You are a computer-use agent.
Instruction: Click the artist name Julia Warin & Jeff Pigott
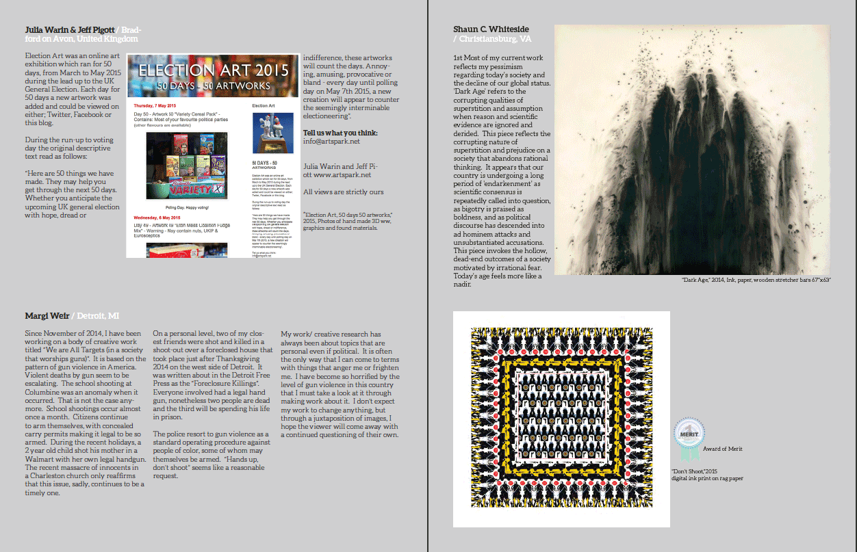pyautogui.click(x=69, y=30)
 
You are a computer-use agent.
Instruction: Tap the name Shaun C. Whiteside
pyautogui.click(x=490, y=29)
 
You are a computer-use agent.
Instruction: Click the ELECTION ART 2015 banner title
pyautogui.click(x=213, y=70)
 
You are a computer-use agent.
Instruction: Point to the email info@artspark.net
pyautogui.click(x=331, y=142)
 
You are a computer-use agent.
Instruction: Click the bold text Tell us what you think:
pyautogui.click(x=340, y=133)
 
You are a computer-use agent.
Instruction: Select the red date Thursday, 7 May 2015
pyautogui.click(x=159, y=106)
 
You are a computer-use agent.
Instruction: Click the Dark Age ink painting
pyautogui.click(x=691, y=150)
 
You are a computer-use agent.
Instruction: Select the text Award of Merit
pyautogui.click(x=722, y=449)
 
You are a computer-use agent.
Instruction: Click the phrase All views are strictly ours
pyautogui.click(x=343, y=192)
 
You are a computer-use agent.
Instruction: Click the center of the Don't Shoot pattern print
pyautogui.click(x=561, y=418)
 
